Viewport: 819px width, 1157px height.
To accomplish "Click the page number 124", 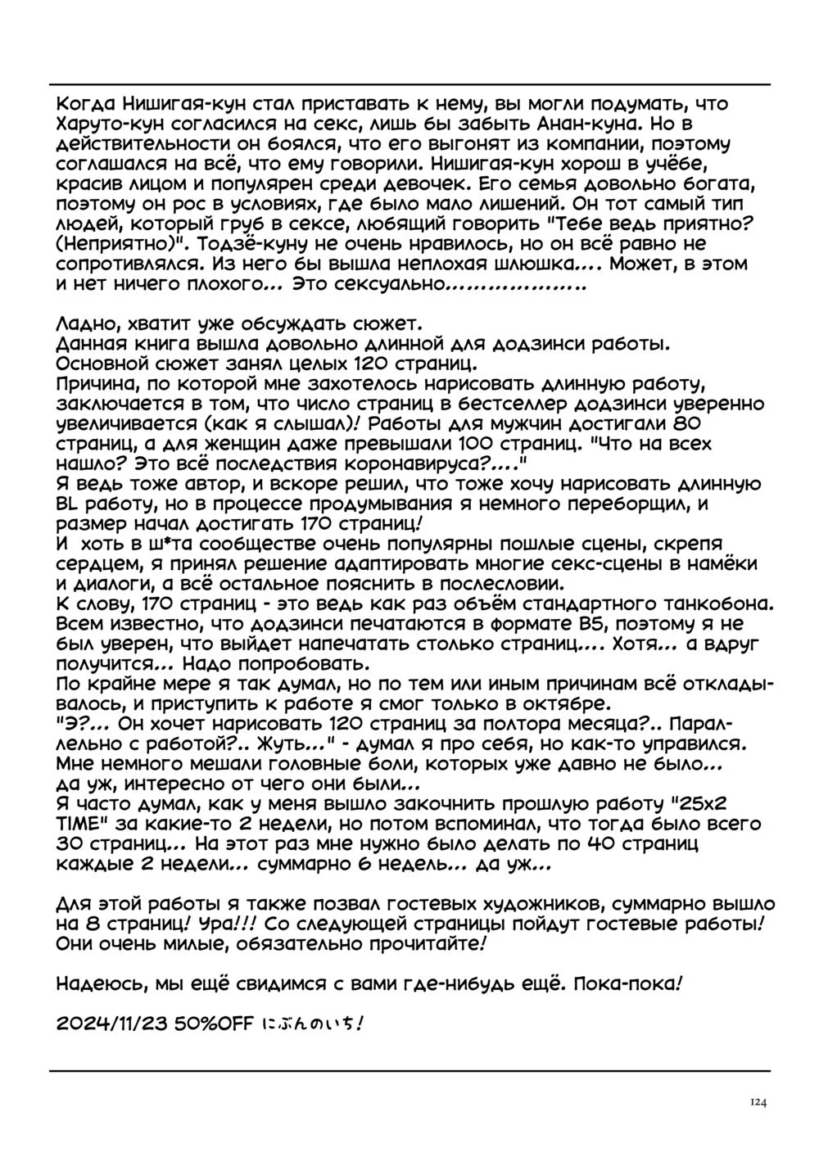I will [x=757, y=1103].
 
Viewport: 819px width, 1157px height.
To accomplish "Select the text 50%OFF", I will [x=216, y=1026].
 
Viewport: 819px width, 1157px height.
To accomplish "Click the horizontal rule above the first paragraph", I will [x=409, y=84].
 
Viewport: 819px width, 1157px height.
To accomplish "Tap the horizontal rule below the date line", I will [x=409, y=1069].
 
